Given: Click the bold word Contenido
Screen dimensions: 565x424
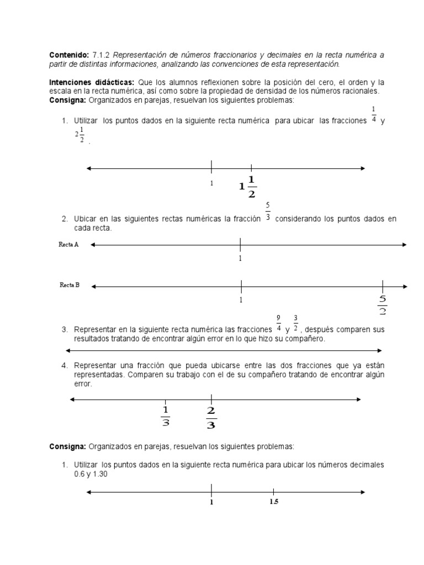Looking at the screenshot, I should click(x=68, y=55).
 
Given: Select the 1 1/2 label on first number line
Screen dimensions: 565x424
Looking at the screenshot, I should click(x=248, y=186).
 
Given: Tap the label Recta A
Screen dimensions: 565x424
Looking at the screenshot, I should click(x=68, y=244).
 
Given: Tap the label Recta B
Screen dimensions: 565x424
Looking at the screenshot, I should click(x=70, y=285).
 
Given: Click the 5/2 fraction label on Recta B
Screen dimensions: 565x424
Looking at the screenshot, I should click(x=383, y=305).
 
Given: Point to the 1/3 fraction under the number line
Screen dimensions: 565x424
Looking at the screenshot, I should click(x=165, y=416).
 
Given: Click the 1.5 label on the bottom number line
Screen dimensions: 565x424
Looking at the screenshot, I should click(x=274, y=502).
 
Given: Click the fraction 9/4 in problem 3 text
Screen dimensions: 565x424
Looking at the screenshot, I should click(x=278, y=323).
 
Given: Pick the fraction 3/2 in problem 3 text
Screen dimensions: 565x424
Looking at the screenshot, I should click(x=296, y=323).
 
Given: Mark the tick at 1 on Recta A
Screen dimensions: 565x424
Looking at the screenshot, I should click(x=240, y=245).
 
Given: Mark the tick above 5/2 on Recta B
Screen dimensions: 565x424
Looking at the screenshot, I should click(x=383, y=286).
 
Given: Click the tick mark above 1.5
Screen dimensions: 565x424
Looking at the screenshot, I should click(x=274, y=492).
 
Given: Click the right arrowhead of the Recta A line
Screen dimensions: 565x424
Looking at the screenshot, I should click(x=404, y=245).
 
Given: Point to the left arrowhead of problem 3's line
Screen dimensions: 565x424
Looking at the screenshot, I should click(x=68, y=350).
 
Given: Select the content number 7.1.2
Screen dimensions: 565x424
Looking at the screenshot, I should click(x=100, y=55).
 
